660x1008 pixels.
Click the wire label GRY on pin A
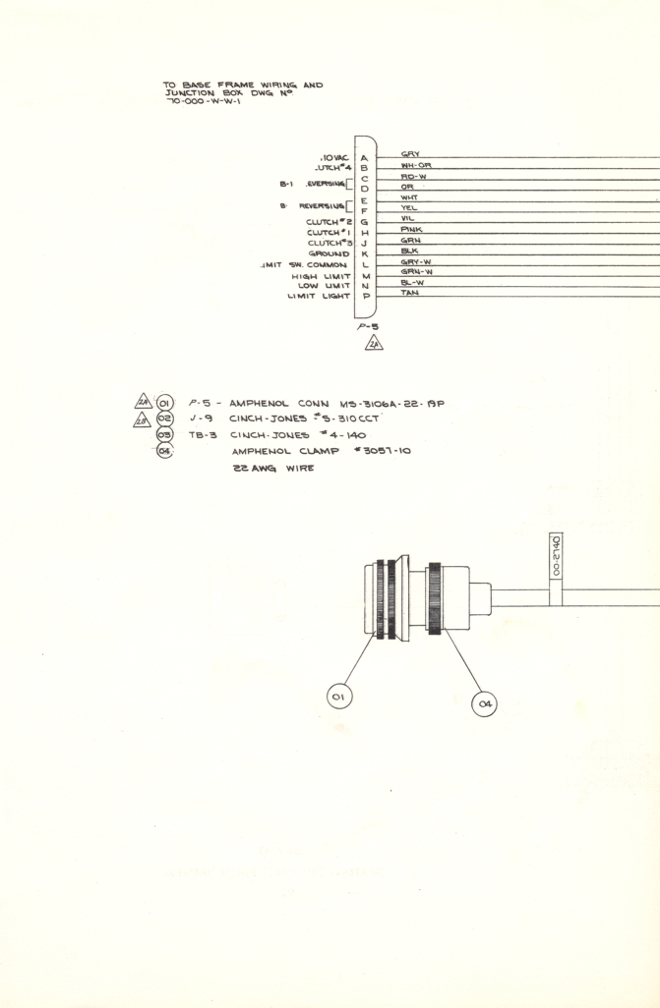pos(411,154)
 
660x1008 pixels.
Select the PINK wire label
pos(412,230)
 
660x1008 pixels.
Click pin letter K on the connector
pos(364,254)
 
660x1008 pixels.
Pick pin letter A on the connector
pos(364,158)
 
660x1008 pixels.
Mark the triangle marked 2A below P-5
pos(375,344)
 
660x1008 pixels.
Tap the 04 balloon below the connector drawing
pos(484,703)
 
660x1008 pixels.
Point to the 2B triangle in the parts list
pos(143,418)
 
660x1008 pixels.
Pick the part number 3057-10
pos(380,451)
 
